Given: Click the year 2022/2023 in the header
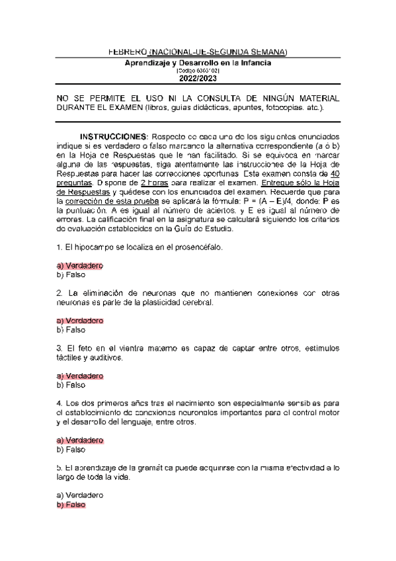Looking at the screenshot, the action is pyautogui.click(x=198, y=78).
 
